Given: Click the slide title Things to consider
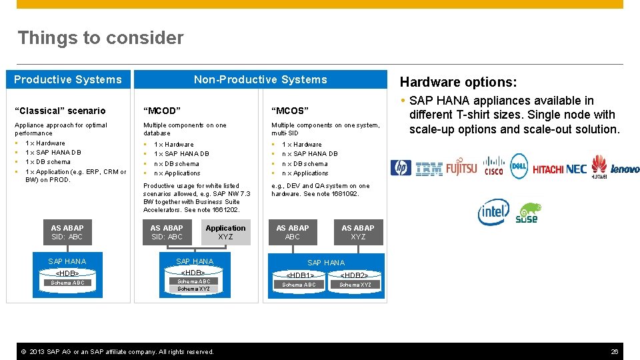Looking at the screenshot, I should click(101, 38).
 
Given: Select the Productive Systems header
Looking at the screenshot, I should click(68, 79).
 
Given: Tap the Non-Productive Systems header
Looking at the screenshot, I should click(260, 79).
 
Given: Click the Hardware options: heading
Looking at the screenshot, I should click(458, 82).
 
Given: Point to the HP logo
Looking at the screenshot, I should click(401, 168).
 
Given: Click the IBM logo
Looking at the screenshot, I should click(429, 169).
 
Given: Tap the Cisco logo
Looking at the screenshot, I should click(493, 166).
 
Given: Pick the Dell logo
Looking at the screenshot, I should click(519, 164).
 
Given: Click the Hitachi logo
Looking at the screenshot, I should click(548, 169).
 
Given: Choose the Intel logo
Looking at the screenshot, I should click(493, 212).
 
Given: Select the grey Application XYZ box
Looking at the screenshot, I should click(225, 232).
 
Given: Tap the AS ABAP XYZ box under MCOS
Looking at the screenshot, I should click(358, 232).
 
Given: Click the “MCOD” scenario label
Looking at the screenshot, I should click(163, 111).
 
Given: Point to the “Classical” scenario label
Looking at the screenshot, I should click(60, 111).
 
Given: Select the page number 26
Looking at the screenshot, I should click(615, 351).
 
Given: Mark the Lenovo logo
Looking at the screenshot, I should click(625, 169).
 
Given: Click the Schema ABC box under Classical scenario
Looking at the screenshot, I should click(68, 283).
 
